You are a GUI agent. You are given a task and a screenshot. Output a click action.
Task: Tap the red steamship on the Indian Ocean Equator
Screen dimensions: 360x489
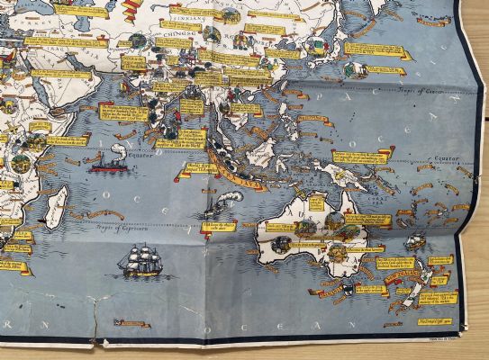[106, 163]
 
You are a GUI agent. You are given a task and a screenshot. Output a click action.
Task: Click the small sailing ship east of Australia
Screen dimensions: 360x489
[414, 242]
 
